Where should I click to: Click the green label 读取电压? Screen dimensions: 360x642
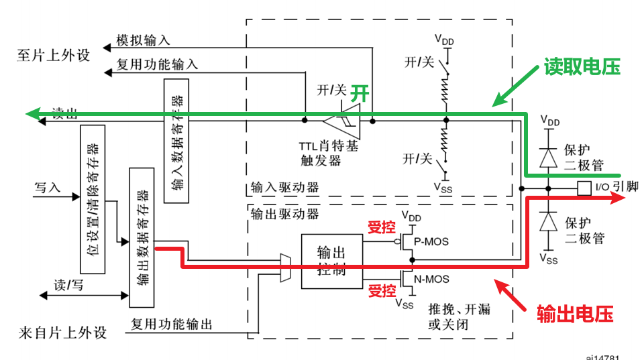(x=582, y=67)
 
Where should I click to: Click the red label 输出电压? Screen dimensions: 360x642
(x=575, y=313)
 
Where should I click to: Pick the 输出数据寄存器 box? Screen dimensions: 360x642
(x=142, y=233)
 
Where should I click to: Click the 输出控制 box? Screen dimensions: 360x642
(x=331, y=262)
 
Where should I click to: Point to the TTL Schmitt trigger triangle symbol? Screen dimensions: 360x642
(x=343, y=121)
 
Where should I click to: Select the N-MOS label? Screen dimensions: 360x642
(x=431, y=279)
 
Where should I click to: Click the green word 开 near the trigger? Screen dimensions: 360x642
(x=361, y=93)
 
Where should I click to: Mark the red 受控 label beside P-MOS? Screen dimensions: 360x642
(x=381, y=227)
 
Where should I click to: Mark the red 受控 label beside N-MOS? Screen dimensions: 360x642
(x=381, y=292)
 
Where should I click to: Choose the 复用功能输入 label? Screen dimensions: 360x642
(x=157, y=65)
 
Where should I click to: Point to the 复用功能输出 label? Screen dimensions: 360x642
(x=172, y=324)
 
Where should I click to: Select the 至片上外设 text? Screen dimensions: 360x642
(x=54, y=55)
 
